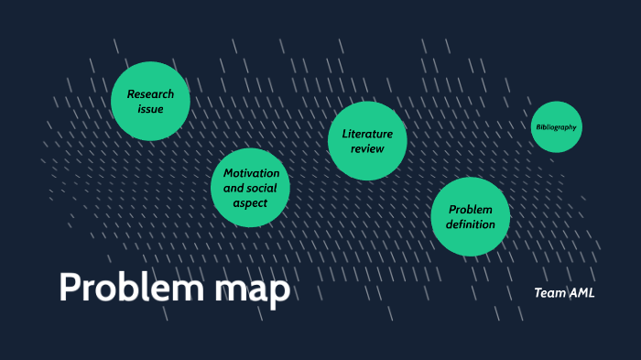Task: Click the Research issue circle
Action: click(x=150, y=101)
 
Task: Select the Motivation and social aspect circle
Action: click(x=251, y=189)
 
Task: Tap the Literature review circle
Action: click(x=367, y=140)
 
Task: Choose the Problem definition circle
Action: click(x=470, y=216)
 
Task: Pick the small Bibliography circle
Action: click(x=556, y=127)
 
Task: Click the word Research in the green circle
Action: click(x=150, y=93)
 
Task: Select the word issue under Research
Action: click(x=150, y=109)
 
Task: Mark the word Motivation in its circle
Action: click(x=251, y=173)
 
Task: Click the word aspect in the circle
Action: click(x=251, y=203)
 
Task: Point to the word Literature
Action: click(x=367, y=134)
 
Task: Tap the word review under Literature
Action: click(x=367, y=148)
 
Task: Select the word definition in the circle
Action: click(x=471, y=224)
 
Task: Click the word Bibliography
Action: click(x=556, y=127)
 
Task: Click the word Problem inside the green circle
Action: click(x=471, y=209)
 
